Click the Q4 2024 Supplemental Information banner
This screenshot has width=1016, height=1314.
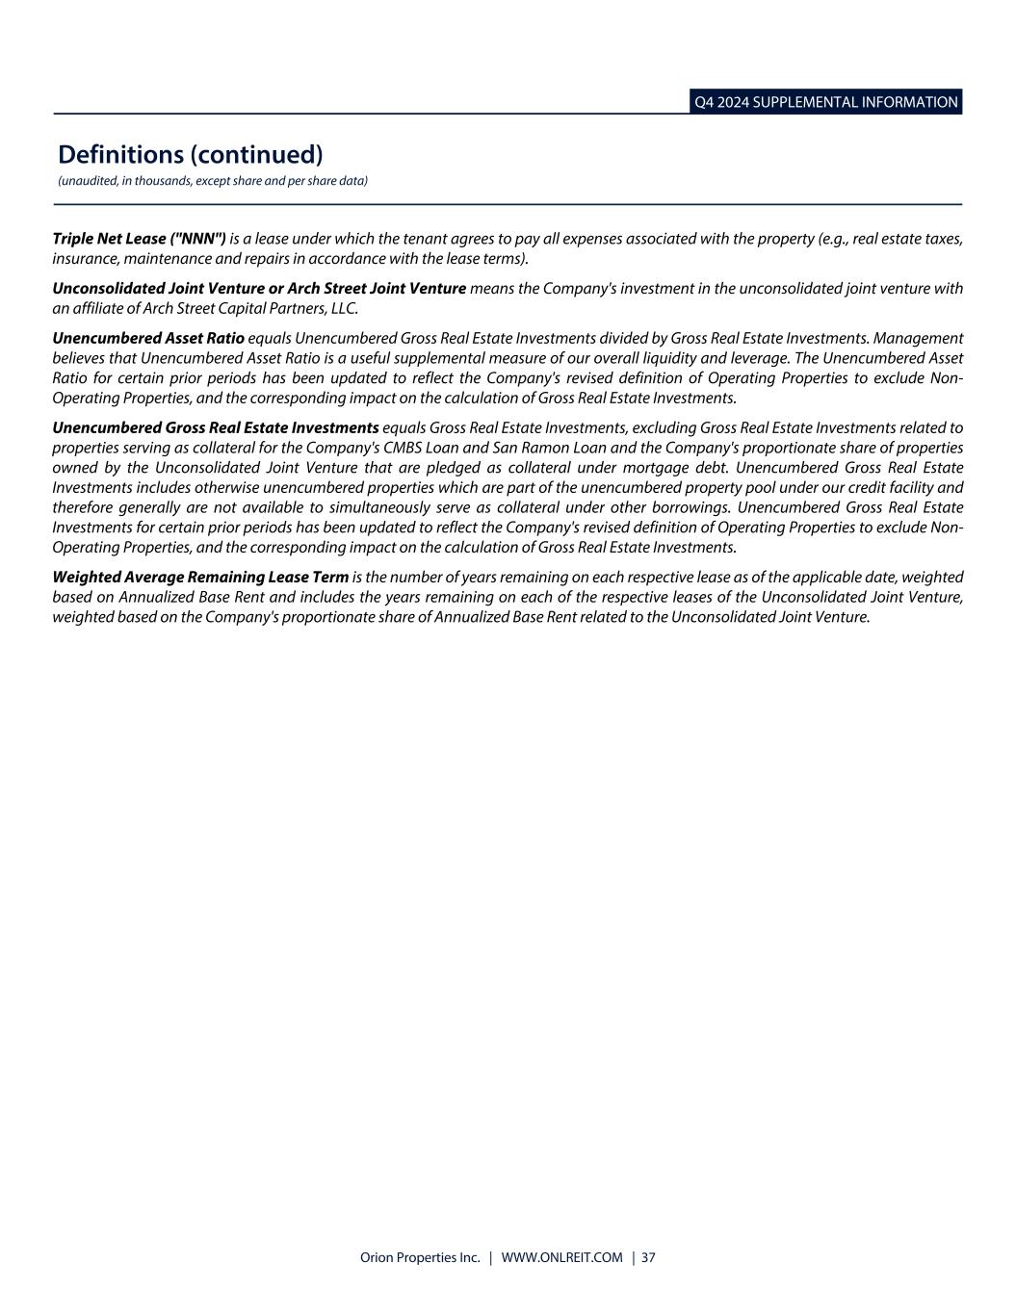825,102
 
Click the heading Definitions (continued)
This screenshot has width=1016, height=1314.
190,154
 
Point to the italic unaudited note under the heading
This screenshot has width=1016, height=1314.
212,181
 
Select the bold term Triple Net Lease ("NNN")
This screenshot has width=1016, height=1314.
139,239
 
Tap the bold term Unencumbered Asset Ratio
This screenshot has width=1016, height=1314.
148,339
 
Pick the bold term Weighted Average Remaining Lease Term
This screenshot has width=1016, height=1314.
200,577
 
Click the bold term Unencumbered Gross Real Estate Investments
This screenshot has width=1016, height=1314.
216,427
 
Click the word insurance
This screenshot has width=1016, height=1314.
84,259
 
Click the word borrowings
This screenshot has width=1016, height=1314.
682,507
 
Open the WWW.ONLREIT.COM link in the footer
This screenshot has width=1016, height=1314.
562,1258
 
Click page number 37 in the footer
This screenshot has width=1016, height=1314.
648,1258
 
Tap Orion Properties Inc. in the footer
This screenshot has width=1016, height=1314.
419,1258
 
